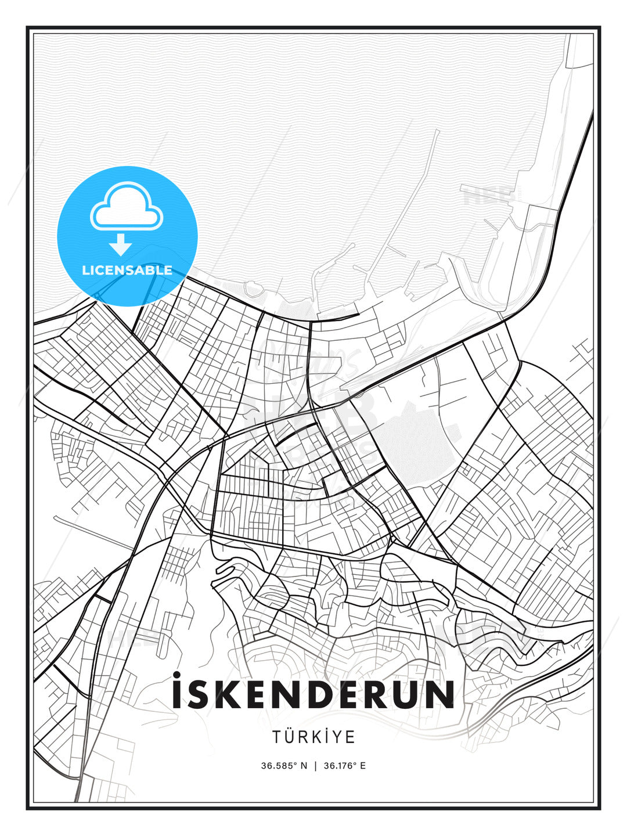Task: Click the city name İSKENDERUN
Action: coord(313,694)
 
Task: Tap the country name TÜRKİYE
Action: coord(313,737)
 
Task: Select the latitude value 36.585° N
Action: coord(284,766)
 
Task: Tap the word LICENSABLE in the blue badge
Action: coord(127,270)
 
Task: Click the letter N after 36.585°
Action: coord(304,766)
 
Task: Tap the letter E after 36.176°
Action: coord(363,766)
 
